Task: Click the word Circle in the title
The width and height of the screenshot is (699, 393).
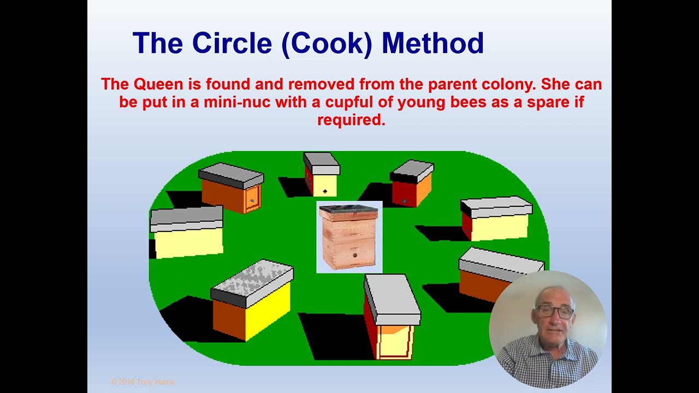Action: coord(232,43)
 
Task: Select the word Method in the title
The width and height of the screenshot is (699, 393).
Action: coord(433,43)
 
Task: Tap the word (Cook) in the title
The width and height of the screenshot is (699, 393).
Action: coord(327,44)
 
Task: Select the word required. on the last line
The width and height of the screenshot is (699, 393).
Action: coord(351,121)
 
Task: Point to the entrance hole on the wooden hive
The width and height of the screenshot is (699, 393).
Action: coord(354,255)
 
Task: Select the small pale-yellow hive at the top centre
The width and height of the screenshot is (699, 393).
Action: coord(322,175)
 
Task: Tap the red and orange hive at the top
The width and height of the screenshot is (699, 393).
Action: coord(412,184)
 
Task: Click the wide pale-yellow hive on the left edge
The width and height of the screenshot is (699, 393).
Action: coord(187,232)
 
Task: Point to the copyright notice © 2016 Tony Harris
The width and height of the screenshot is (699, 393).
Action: coord(143,382)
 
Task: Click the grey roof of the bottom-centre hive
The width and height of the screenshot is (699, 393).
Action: coord(392,299)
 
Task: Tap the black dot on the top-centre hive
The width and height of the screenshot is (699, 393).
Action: coord(325,192)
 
